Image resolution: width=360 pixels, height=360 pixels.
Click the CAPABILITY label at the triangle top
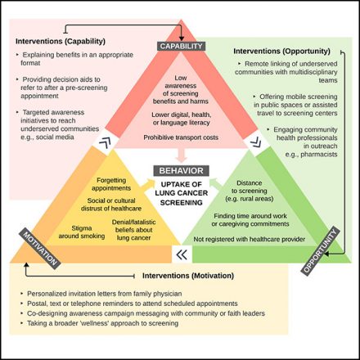tap(179, 47)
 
